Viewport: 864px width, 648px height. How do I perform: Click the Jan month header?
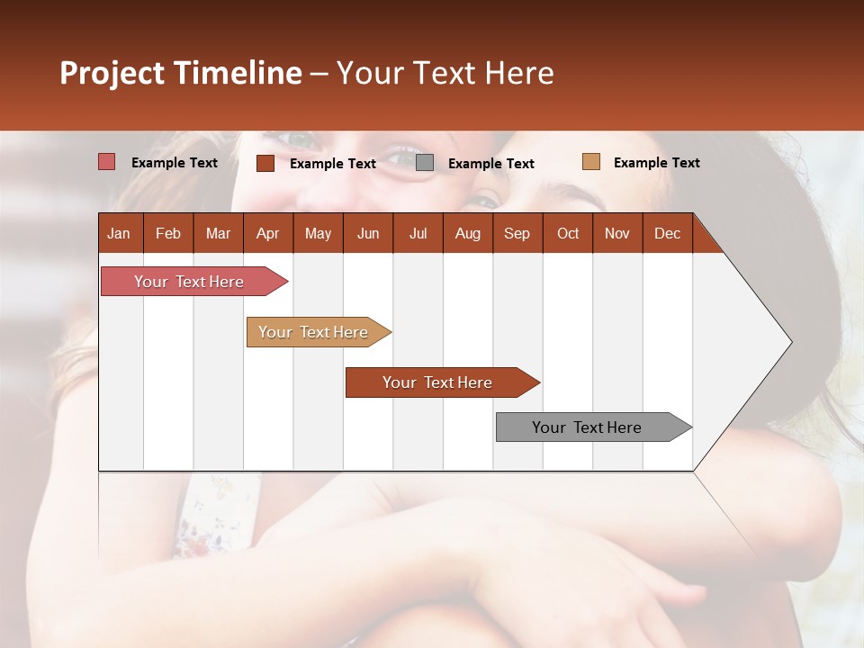coord(119,233)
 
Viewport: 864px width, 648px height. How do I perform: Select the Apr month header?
coord(267,233)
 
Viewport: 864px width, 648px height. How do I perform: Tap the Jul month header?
coord(418,233)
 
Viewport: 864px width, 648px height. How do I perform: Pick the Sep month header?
coord(517,233)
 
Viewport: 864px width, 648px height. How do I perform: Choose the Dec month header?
coord(667,233)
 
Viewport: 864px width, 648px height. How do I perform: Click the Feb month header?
coord(168,233)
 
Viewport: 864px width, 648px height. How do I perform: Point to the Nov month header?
coord(616,233)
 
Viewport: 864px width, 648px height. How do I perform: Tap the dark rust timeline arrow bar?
coord(438,382)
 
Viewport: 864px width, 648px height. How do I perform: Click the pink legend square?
coord(107,162)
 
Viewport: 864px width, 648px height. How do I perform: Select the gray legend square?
coord(425,163)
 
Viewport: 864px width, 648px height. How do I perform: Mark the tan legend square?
coord(590,162)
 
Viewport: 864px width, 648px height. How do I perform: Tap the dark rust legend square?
coord(265,163)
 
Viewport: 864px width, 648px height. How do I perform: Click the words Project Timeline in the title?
coord(181,73)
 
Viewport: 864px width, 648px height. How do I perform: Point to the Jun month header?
coord(368,233)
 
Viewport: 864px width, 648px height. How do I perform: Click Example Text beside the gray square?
coord(490,164)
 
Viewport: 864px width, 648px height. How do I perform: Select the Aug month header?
coord(467,233)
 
